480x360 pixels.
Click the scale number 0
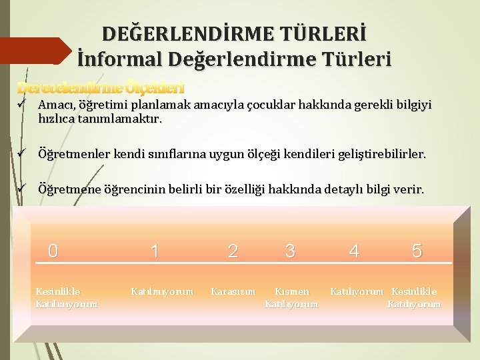point(53,251)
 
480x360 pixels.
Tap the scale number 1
point(155,251)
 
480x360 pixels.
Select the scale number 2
point(233,251)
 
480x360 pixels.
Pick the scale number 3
point(290,251)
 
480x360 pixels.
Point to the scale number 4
point(354,251)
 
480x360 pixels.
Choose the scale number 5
point(417,251)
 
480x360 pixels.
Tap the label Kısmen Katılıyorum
point(292,297)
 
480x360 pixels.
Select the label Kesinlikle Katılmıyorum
point(66,297)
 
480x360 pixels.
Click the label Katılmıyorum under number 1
point(163,291)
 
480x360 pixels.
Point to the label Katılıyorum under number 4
point(357,291)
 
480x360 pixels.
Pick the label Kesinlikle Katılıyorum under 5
point(415,297)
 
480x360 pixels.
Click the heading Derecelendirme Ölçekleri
point(100,87)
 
